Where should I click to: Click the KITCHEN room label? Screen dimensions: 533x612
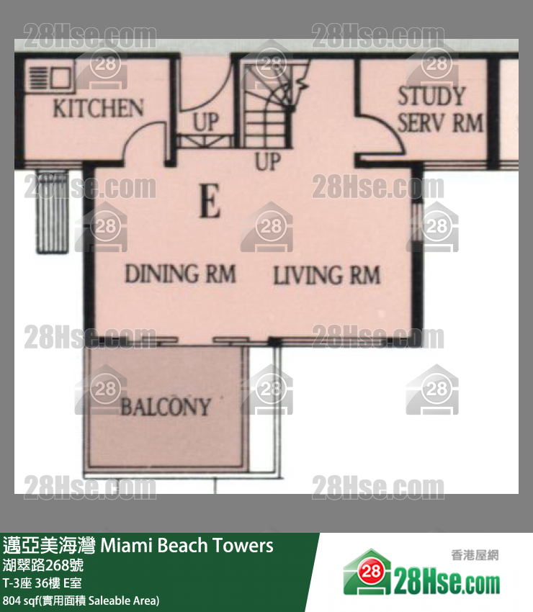pyautogui.click(x=98, y=108)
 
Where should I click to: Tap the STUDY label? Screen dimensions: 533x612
pyautogui.click(x=431, y=96)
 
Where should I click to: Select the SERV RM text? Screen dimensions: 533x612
pyautogui.click(x=440, y=122)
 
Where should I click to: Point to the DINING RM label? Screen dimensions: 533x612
pyautogui.click(x=180, y=274)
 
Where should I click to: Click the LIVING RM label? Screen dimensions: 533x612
pyautogui.click(x=326, y=275)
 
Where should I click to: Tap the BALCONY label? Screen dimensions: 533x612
pyautogui.click(x=166, y=407)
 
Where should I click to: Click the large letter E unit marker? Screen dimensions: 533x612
pyautogui.click(x=210, y=201)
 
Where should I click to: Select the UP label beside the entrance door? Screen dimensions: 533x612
pyautogui.click(x=205, y=122)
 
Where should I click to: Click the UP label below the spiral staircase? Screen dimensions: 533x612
pyautogui.click(x=268, y=161)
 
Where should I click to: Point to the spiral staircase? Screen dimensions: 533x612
pyautogui.click(x=269, y=104)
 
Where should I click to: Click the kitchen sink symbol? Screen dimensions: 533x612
pyautogui.click(x=50, y=78)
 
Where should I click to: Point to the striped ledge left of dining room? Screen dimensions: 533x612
pyautogui.click(x=53, y=211)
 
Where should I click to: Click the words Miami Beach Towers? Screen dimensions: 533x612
pyautogui.click(x=187, y=545)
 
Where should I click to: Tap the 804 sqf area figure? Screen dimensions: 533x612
pyautogui.click(x=20, y=600)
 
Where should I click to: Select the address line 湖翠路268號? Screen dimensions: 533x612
pyautogui.click(x=43, y=565)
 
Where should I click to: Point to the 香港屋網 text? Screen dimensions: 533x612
pyautogui.click(x=475, y=555)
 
